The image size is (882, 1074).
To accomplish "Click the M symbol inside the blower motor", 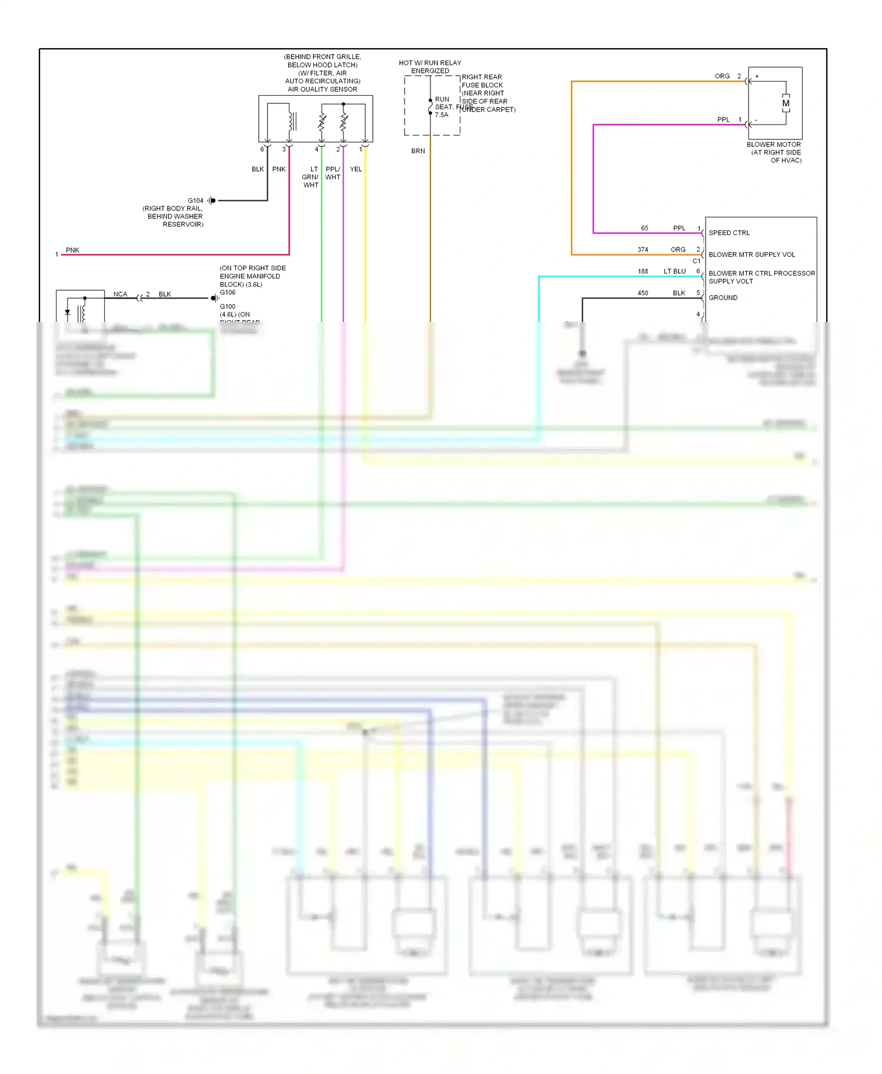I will pos(786,103).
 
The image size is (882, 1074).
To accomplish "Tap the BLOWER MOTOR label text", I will pos(773,145).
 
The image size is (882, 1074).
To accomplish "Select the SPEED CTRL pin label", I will pos(729,233).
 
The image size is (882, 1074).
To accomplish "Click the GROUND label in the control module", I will pos(723,298).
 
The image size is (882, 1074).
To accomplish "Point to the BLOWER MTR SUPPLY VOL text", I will pos(751,255).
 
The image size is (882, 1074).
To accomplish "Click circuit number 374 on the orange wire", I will pos(643,250).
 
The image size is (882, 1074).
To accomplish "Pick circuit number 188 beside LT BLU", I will pos(643,271).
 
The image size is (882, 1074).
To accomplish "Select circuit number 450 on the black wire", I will pos(643,293).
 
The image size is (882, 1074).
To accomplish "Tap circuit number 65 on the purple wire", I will pos(644,229).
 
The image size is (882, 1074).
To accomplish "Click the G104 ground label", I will pos(195,201).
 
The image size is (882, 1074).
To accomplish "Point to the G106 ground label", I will pos(228,293).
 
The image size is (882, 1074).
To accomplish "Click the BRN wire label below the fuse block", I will pos(418,151).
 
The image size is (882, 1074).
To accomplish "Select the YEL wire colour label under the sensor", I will pos(356,169).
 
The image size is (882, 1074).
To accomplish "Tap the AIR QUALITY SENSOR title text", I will pos(322,90).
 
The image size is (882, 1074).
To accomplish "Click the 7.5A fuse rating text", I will pos(442,115).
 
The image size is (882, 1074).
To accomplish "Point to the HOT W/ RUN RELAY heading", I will pos(430,63).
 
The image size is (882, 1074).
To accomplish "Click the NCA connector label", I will pos(120,294).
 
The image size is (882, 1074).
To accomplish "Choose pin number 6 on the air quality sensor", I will pos(262,149).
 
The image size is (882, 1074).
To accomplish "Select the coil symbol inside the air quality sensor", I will pos(291,122).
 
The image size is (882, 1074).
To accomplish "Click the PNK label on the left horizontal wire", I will pos(72,250).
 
